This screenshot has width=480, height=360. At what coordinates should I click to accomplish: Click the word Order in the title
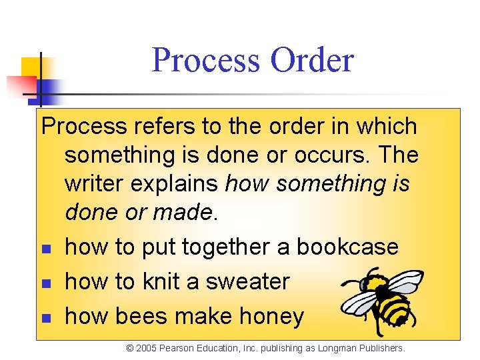(312, 60)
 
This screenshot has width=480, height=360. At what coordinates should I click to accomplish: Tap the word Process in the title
(206, 60)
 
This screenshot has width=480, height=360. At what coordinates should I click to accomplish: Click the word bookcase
(347, 247)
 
